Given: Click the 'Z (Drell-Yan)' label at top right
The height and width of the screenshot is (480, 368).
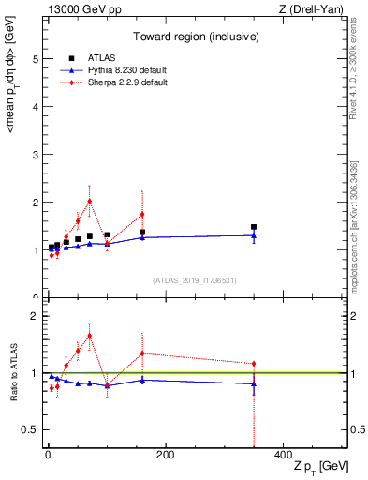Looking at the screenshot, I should pyautogui.click(x=316, y=8).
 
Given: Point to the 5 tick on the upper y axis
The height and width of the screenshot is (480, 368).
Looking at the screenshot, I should pyautogui.click(x=37, y=58).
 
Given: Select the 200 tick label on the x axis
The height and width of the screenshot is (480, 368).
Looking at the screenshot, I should pyautogui.click(x=165, y=455).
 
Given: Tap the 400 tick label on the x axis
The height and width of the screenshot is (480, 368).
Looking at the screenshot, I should pyautogui.click(x=283, y=455).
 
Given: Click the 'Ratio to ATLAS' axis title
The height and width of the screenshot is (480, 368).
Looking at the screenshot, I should pyautogui.click(x=13, y=372).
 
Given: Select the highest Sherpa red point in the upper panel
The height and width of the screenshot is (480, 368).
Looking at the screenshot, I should pyautogui.click(x=89, y=201).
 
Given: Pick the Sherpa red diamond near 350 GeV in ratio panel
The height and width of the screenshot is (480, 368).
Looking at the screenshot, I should pyautogui.click(x=254, y=364).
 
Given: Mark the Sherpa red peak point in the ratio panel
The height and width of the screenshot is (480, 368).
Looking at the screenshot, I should pyautogui.click(x=89, y=336).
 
